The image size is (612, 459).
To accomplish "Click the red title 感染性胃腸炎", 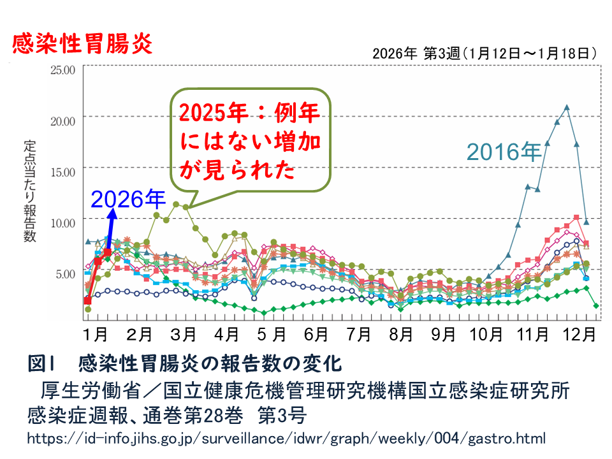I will point(81,44).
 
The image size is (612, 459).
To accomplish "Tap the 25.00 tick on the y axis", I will point(63,68).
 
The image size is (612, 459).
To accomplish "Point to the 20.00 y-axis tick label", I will point(63,120).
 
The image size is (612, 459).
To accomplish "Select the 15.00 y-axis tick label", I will point(63,171).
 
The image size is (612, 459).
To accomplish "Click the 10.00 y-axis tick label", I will point(63,222).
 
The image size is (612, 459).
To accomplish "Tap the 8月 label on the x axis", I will point(402,333).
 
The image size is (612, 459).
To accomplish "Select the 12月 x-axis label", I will point(579,333).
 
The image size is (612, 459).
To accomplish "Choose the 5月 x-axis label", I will point(270,333).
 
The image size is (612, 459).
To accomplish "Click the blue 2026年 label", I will point(127,199).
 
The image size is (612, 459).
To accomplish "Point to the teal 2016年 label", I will point(504,151).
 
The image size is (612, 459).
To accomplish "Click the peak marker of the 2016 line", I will point(567,107).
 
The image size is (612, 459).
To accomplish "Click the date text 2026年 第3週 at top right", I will point(484,54).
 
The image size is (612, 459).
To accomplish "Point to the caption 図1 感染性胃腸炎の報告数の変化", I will point(185,365).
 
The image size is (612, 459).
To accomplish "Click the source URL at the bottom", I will point(286,439).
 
